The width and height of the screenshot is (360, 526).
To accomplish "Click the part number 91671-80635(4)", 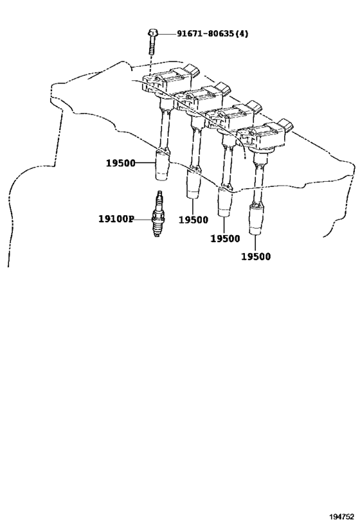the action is (213, 33).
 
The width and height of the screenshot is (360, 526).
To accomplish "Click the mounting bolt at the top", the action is (152, 42).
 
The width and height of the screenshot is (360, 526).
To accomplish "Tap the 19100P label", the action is (116, 219).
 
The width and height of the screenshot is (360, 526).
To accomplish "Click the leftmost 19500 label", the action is (121, 163).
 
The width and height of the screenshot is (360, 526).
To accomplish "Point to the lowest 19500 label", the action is (256, 257).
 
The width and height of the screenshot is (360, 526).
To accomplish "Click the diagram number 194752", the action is (341, 516).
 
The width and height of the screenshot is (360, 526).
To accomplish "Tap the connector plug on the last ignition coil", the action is (286, 125).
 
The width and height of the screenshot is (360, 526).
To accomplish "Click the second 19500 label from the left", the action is (193, 220).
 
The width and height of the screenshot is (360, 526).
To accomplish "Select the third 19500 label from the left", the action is (226, 238).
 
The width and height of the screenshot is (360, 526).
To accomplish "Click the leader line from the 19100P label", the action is (143, 220).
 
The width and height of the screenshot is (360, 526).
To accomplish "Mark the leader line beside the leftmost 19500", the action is (146, 163).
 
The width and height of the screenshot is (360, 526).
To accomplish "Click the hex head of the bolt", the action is (152, 33).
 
